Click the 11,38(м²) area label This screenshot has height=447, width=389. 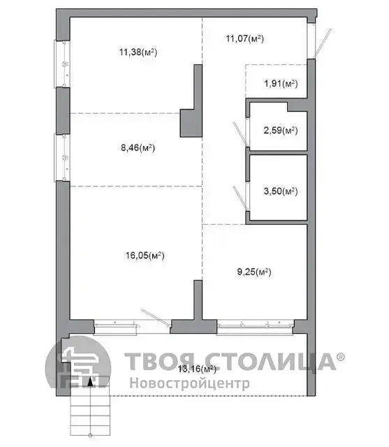click(x=138, y=52)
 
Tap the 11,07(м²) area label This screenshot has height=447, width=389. click(x=245, y=38)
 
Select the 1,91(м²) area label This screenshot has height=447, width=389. click(x=281, y=84)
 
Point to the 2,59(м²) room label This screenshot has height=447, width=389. click(x=281, y=131)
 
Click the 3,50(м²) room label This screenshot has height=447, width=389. click(x=281, y=191)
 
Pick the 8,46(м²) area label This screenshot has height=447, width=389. click(x=138, y=147)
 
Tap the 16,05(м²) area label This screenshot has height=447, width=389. click(x=145, y=255)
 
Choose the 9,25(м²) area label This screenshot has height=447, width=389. click(x=254, y=272)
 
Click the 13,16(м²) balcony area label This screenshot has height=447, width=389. click(x=197, y=369)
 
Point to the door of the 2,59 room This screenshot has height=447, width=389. click(x=240, y=133)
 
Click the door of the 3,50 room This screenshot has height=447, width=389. click(x=240, y=198)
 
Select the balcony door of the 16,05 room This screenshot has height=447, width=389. click(x=156, y=317)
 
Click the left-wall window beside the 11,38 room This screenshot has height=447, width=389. click(x=62, y=64)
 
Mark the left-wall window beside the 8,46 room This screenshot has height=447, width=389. click(x=62, y=157)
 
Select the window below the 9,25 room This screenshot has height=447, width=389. click(x=255, y=327)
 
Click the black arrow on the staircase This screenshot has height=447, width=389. click(x=90, y=382)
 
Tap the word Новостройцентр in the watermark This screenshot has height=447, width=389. click(x=190, y=383)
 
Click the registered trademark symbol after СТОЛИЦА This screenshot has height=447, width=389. click(x=341, y=357)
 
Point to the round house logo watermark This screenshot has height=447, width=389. click(x=78, y=362)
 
